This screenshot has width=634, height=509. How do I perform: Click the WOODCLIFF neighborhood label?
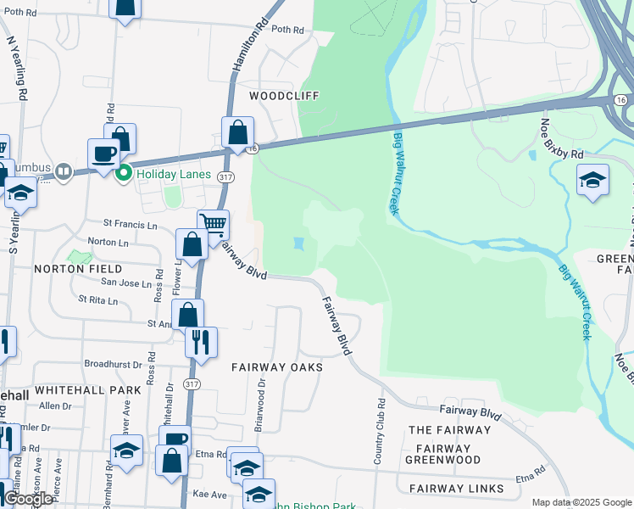(x=284, y=97)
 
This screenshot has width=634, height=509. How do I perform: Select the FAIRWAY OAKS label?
(x=277, y=367)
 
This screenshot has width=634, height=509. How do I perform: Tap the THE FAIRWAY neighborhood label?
(x=449, y=430)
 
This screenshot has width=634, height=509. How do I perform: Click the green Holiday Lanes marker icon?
(x=124, y=174)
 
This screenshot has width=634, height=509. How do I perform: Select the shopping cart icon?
(x=213, y=225)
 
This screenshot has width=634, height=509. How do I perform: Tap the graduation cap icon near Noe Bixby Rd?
(x=592, y=180)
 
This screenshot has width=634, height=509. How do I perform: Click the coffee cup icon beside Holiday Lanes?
(x=103, y=154)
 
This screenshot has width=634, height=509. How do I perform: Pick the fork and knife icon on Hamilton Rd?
(x=201, y=342)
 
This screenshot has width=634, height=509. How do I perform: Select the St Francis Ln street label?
(x=131, y=225)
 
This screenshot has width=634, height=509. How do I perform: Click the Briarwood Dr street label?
(x=260, y=403)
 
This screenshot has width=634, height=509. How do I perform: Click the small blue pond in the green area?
(x=298, y=244)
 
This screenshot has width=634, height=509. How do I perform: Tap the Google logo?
(x=28, y=500)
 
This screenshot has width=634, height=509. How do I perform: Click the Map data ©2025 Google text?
(x=581, y=502)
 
